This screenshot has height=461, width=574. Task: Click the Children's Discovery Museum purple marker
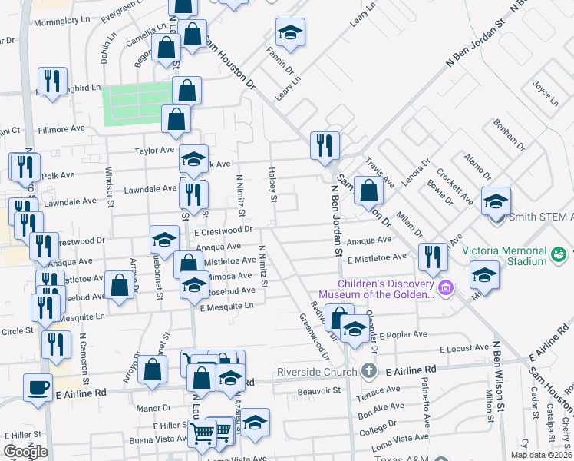coord(446,288)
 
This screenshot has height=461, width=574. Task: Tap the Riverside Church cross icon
coord(369,370)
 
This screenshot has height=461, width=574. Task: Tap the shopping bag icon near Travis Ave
coord(369,191)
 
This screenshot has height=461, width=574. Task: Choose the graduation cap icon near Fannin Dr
coord(289,32)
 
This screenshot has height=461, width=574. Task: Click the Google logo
coord(25,452)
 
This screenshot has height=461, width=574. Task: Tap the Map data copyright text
coord(541,455)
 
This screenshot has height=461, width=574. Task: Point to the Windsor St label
coord(109,187)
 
